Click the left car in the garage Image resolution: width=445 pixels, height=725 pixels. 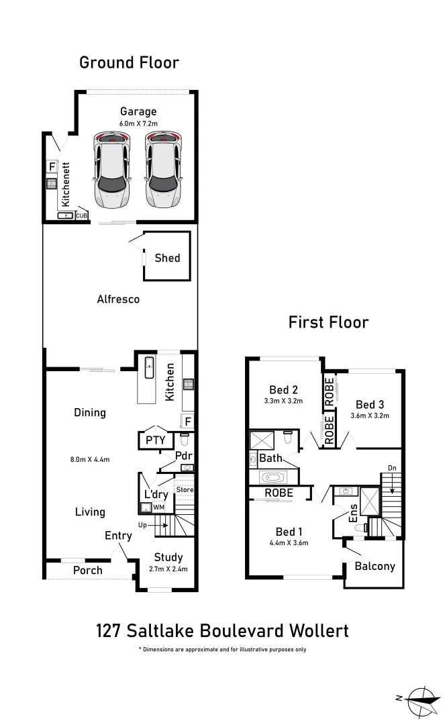click(x=111, y=168)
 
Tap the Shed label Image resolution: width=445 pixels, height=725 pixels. click(x=167, y=258)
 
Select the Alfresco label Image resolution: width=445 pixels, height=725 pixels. click(x=118, y=299)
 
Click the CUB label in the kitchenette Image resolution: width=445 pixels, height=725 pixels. click(x=81, y=215)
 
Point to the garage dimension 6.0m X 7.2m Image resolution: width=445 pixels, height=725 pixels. click(x=138, y=124)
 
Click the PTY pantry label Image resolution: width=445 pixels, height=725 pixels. click(x=151, y=440)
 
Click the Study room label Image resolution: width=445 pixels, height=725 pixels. click(x=168, y=557)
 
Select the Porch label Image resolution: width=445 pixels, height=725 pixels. click(x=88, y=571)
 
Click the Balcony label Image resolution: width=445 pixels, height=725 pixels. click(x=375, y=566)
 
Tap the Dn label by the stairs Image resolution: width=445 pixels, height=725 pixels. click(x=393, y=468)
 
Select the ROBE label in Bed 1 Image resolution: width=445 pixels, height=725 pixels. click(x=279, y=492)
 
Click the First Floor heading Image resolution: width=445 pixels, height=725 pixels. click(x=328, y=322)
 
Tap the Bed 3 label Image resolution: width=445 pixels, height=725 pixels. click(x=370, y=404)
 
